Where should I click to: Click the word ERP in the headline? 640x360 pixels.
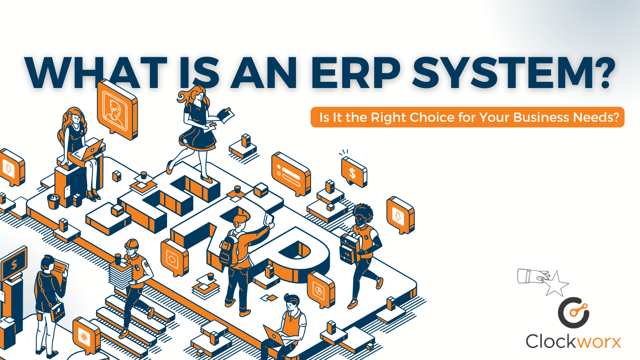(x=356, y=72)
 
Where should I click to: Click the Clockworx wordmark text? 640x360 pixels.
(x=573, y=341)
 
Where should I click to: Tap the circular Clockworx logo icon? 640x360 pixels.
(x=573, y=312)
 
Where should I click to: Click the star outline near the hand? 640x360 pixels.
(x=556, y=284)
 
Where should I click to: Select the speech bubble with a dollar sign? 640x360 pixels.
(x=354, y=172)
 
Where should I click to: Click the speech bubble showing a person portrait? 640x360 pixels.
(x=117, y=109)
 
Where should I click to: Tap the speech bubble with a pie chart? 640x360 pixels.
(x=321, y=289)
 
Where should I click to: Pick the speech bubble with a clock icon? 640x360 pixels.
(x=86, y=336)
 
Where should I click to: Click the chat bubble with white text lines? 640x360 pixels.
(x=291, y=174)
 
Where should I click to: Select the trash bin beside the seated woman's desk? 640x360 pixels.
(x=53, y=201)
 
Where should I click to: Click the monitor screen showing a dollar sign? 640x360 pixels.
(x=14, y=264)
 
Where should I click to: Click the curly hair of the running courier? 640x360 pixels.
(x=363, y=211)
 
